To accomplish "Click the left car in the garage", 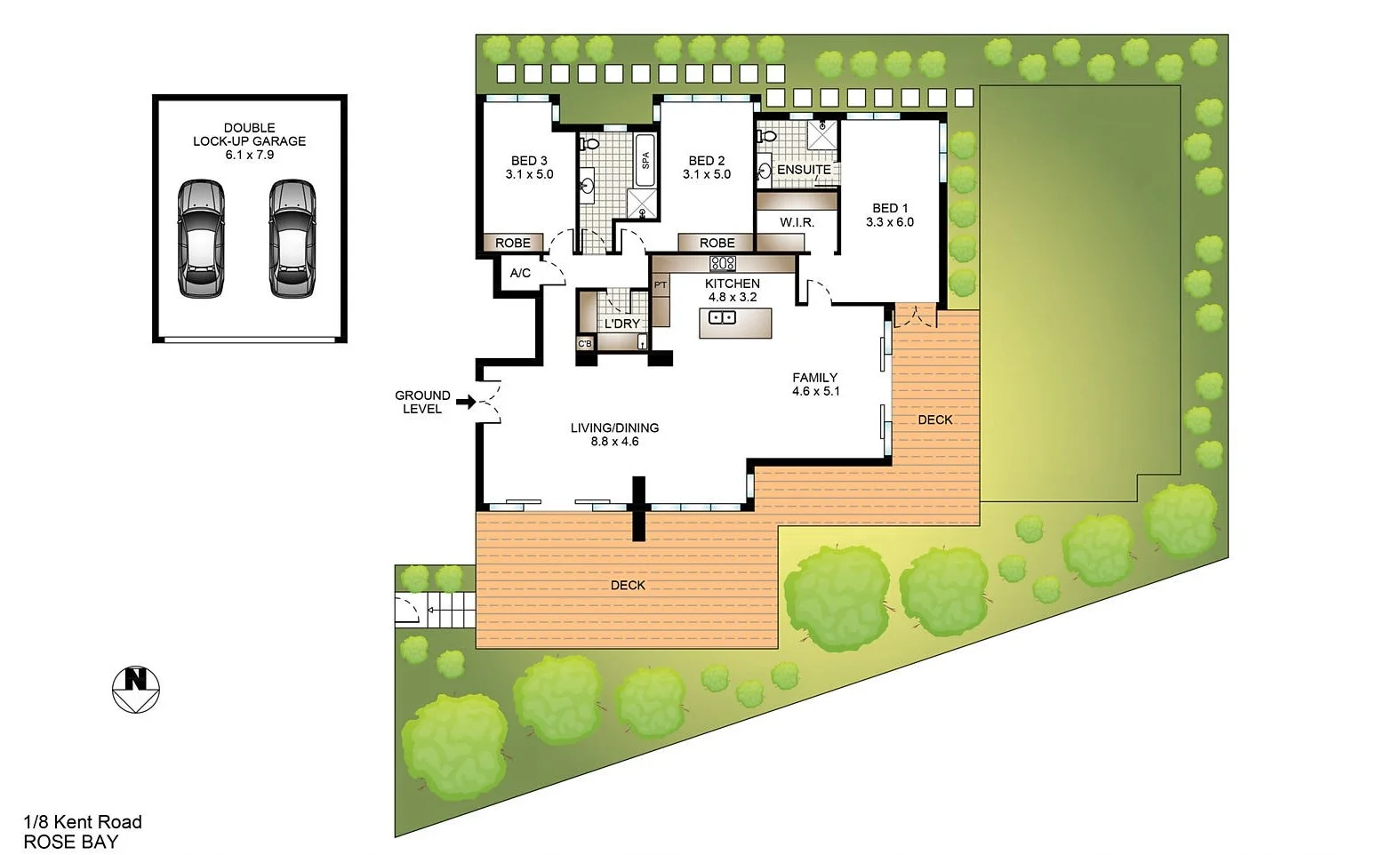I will coord(201,238).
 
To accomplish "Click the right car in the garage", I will coord(292,238).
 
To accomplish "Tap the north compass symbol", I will coord(135,688).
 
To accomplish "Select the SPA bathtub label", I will coord(645,160).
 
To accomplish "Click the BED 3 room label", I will coord(529,161).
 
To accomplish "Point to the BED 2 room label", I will coord(707,161).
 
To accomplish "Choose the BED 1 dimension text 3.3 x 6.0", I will coord(890,222).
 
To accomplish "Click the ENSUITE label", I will coord(804,170).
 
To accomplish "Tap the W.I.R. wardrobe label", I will coord(797,222).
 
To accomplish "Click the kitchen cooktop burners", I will coord(722,263).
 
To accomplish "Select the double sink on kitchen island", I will coord(722,317).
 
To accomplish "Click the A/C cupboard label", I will coord(520,273).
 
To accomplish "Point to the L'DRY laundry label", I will coord(621,324).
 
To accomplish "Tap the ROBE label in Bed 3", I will coord(513,243).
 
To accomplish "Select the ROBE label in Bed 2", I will coord(717,243).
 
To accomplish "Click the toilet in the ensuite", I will coord(766,136).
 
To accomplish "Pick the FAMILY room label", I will coord(815,378).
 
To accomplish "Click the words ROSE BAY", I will coord(70,842).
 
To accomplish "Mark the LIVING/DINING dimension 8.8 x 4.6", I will coord(615,442).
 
